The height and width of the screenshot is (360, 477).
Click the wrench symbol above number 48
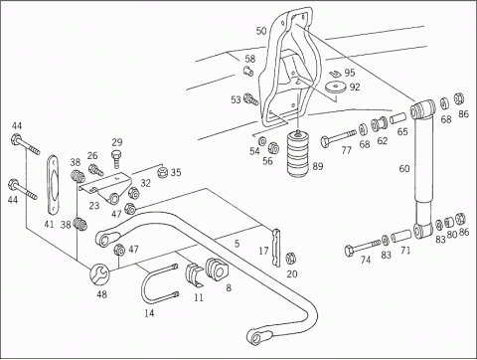(x=98, y=273)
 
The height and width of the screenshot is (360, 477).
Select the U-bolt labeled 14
(x=146, y=291)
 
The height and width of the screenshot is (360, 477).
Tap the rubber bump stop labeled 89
(x=299, y=153)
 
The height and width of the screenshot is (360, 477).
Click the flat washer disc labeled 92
(x=335, y=88)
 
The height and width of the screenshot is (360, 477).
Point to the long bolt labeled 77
(x=338, y=137)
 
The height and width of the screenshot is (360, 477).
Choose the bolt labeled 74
(x=362, y=247)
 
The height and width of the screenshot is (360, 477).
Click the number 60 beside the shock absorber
(x=404, y=169)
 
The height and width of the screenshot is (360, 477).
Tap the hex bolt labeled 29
(x=116, y=159)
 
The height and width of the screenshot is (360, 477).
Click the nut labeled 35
(x=163, y=172)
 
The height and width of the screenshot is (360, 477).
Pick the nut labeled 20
(x=291, y=258)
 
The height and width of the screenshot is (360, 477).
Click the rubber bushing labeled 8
(x=216, y=269)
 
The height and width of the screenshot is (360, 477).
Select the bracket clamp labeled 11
(x=194, y=274)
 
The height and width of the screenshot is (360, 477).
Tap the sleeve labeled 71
(x=401, y=236)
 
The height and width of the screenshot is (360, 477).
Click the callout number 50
(x=261, y=31)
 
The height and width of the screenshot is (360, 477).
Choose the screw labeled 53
(x=251, y=98)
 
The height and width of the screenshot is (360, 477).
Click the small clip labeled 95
(x=336, y=74)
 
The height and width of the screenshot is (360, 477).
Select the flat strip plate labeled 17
(x=276, y=248)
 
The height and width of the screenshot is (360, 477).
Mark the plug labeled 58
(x=248, y=71)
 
